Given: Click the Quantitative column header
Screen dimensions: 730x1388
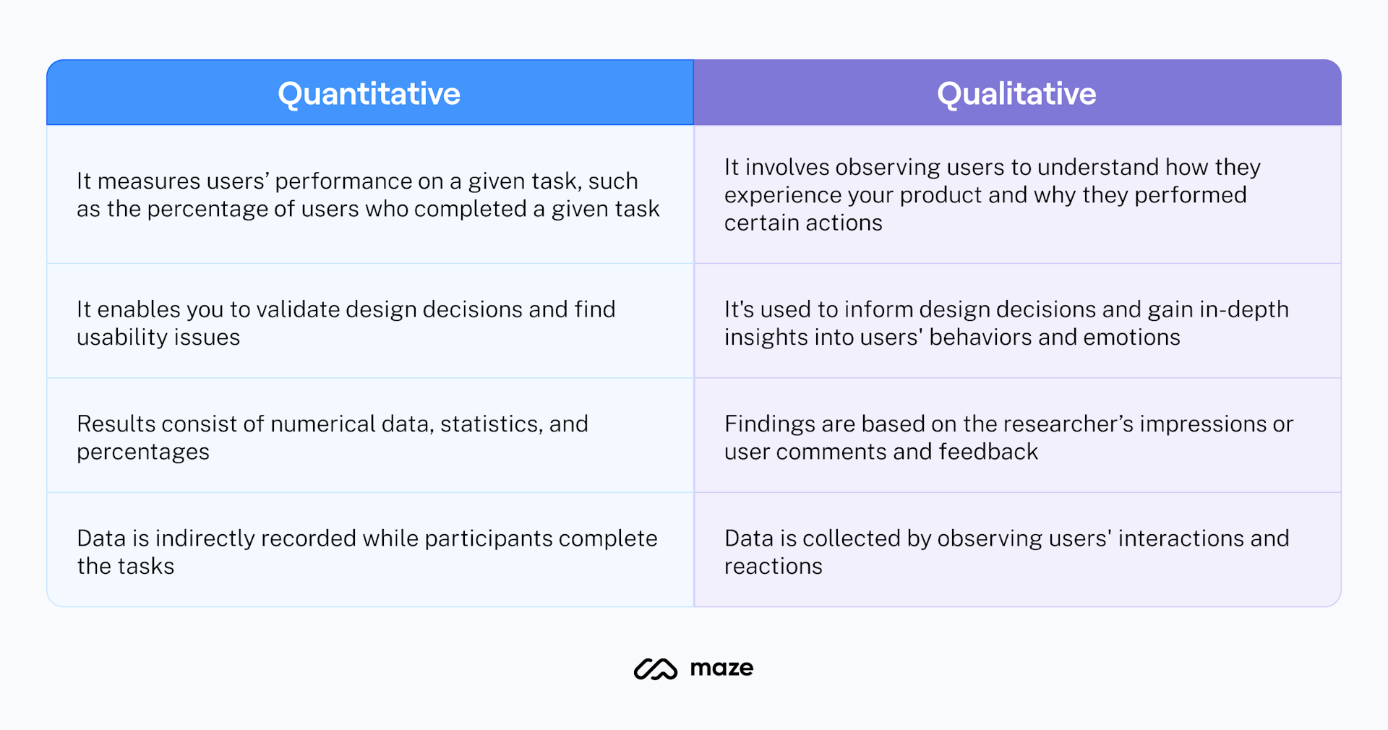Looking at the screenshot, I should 369,94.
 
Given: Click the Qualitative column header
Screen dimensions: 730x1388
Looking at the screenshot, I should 1016,94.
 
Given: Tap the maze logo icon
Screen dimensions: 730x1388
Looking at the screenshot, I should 655,669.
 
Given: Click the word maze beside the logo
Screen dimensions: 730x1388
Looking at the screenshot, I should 721,669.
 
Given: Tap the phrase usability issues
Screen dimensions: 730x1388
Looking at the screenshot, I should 158,338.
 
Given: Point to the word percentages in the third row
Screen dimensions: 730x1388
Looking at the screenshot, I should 143,452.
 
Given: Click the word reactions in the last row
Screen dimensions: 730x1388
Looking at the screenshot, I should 773,567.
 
